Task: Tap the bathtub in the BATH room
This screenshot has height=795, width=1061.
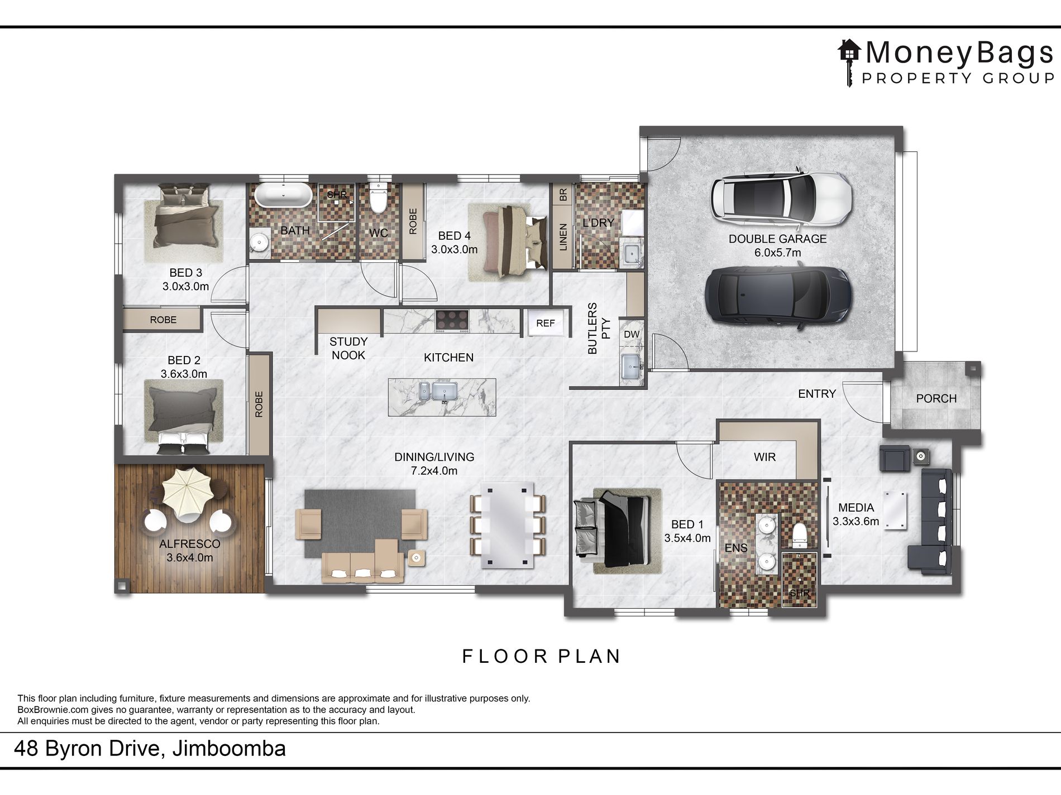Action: [x=283, y=195]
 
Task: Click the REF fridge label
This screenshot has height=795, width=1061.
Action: [x=546, y=323]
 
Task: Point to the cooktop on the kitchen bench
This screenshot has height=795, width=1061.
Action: [x=452, y=321]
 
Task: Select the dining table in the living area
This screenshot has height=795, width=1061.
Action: [x=507, y=524]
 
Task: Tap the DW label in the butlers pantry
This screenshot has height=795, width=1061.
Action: [x=632, y=334]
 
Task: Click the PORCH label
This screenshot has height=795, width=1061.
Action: [x=936, y=399]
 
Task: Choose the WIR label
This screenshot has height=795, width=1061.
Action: [x=764, y=457]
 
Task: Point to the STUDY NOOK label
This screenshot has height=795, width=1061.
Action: [x=348, y=348]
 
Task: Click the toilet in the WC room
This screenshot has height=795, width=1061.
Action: [x=378, y=199]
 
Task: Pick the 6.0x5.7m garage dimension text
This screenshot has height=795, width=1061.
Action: [x=777, y=253]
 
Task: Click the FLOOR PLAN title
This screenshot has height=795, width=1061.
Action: [x=541, y=656]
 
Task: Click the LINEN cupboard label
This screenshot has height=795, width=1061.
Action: [x=563, y=237]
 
